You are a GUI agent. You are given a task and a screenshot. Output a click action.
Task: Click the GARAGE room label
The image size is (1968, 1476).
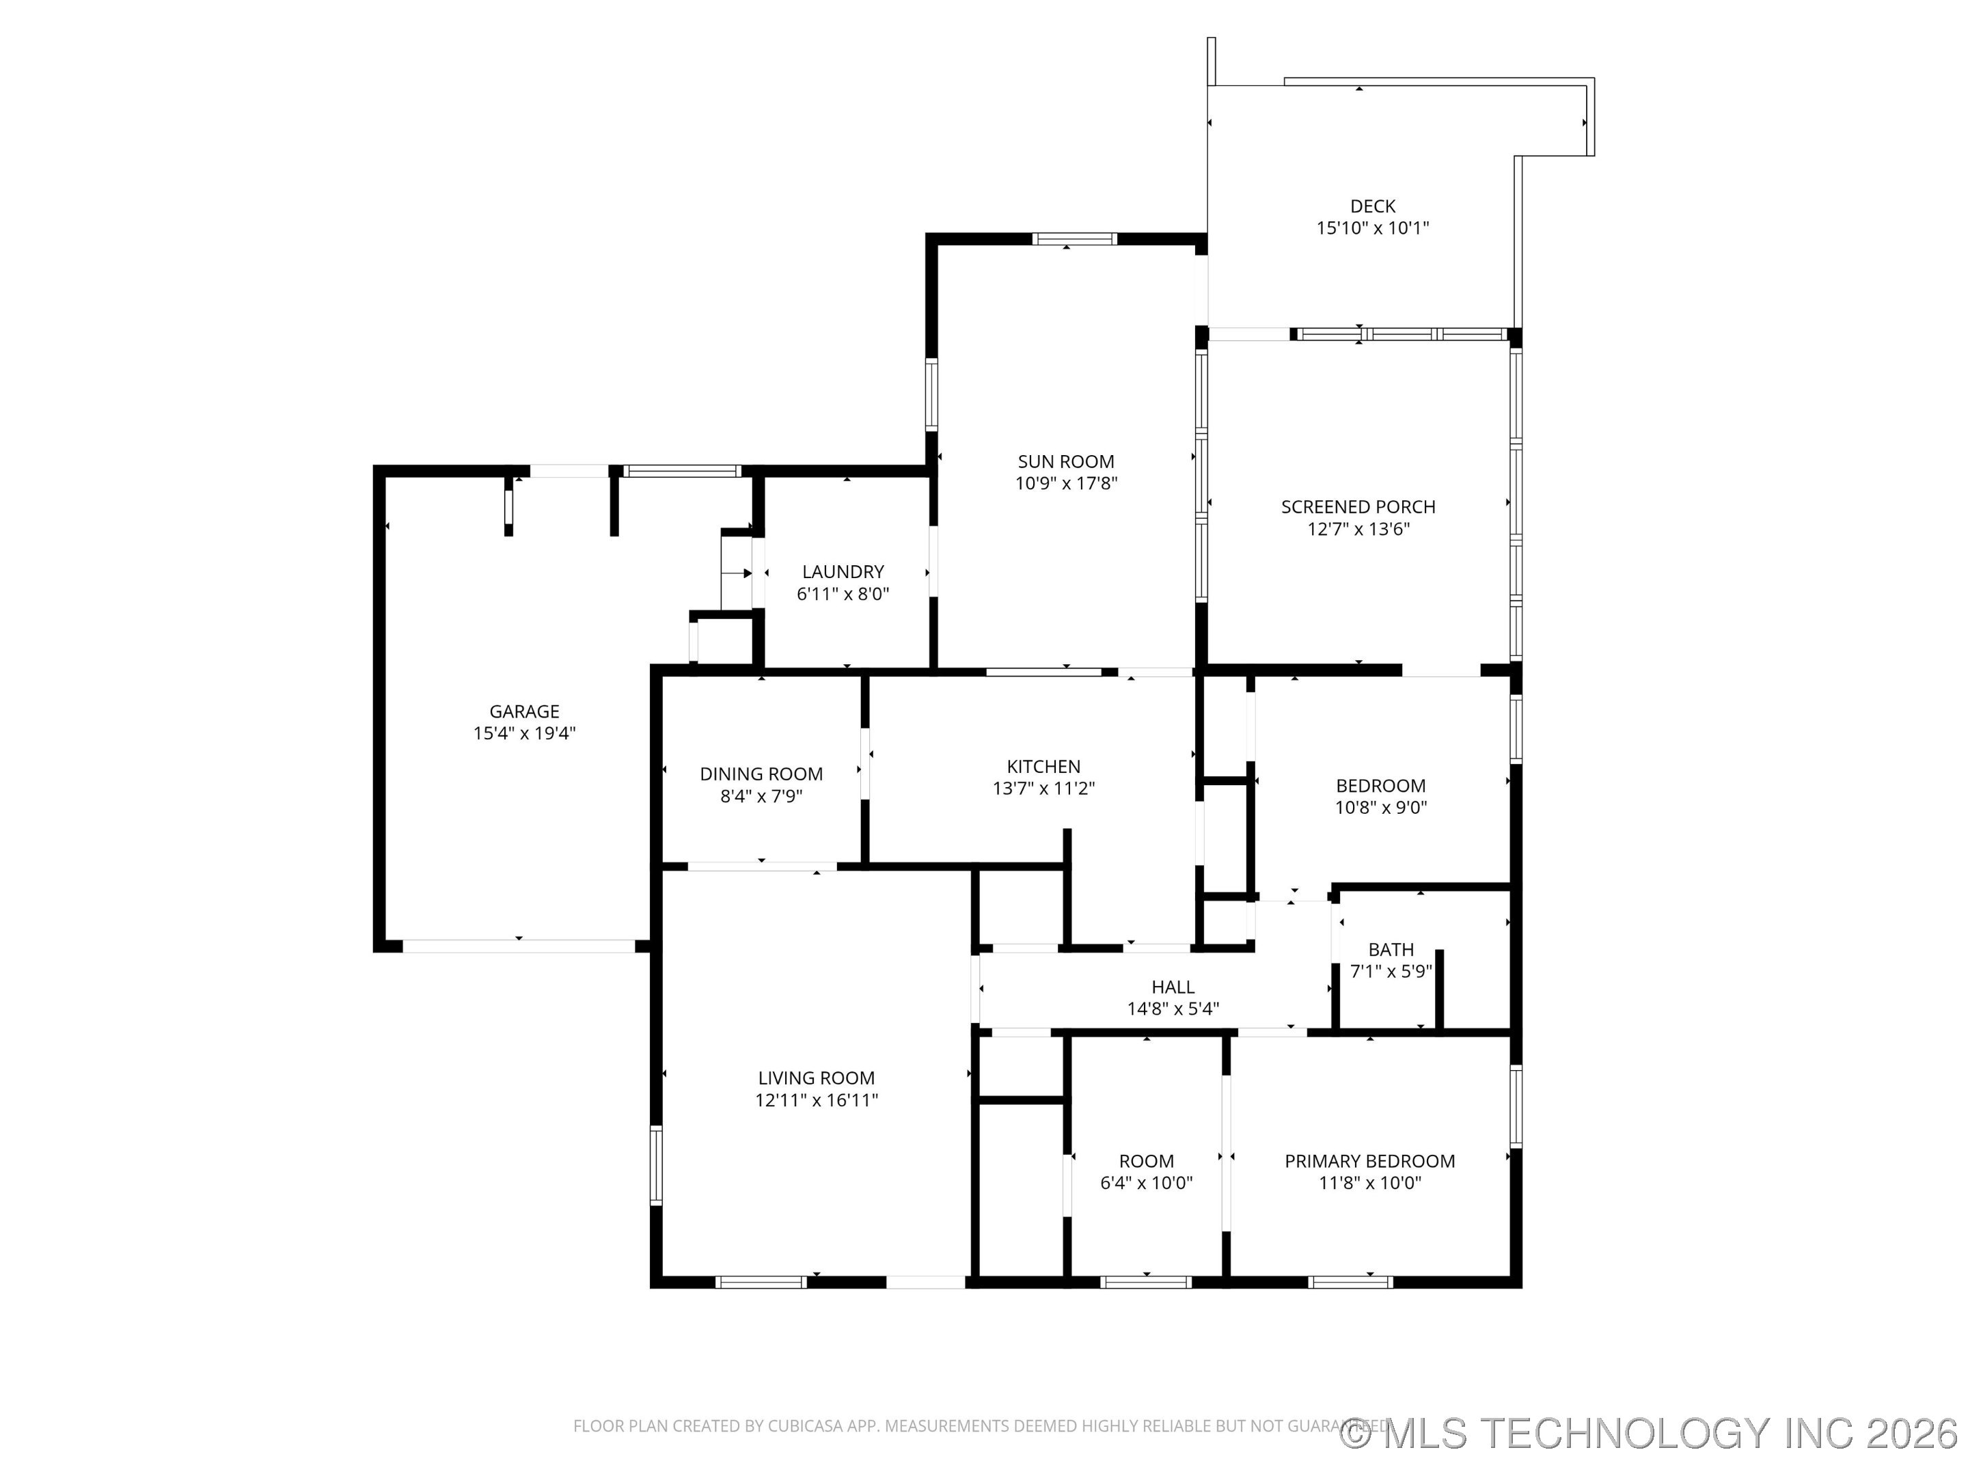(x=524, y=711)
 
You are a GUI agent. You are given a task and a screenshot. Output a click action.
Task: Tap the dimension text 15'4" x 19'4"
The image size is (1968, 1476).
(x=524, y=733)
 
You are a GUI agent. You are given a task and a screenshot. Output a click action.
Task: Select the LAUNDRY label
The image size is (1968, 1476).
(x=843, y=572)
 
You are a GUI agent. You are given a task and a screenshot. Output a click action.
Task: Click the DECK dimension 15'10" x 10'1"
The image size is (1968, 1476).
(x=1372, y=228)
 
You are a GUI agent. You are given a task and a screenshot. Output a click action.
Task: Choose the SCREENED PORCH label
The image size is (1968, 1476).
(x=1358, y=507)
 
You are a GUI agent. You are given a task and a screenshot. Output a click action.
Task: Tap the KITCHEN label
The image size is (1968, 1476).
(x=1043, y=766)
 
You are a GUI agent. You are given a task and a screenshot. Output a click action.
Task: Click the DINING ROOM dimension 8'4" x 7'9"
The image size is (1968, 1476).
(x=761, y=796)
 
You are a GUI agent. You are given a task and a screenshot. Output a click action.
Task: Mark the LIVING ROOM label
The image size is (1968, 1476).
(x=816, y=1078)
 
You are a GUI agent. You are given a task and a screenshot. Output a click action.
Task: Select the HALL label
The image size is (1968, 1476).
(x=1173, y=987)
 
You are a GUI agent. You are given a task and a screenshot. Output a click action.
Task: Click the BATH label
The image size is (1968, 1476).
(x=1391, y=949)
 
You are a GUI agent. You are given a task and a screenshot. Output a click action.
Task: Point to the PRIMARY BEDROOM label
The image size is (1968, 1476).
(x=1369, y=1161)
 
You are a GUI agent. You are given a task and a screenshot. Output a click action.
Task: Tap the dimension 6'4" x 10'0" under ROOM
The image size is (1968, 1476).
(x=1146, y=1184)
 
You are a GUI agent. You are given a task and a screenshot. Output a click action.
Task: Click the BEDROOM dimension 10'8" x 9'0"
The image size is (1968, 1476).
(x=1381, y=808)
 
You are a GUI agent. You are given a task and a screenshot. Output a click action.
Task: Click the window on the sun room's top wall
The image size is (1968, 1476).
(x=1074, y=238)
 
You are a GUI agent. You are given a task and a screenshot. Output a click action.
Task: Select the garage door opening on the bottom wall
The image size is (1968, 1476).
(x=519, y=946)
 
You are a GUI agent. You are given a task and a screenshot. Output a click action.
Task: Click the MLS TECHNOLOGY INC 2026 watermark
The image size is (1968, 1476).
(x=1651, y=1432)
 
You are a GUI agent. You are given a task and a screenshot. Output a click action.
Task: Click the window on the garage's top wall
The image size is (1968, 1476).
(x=681, y=471)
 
